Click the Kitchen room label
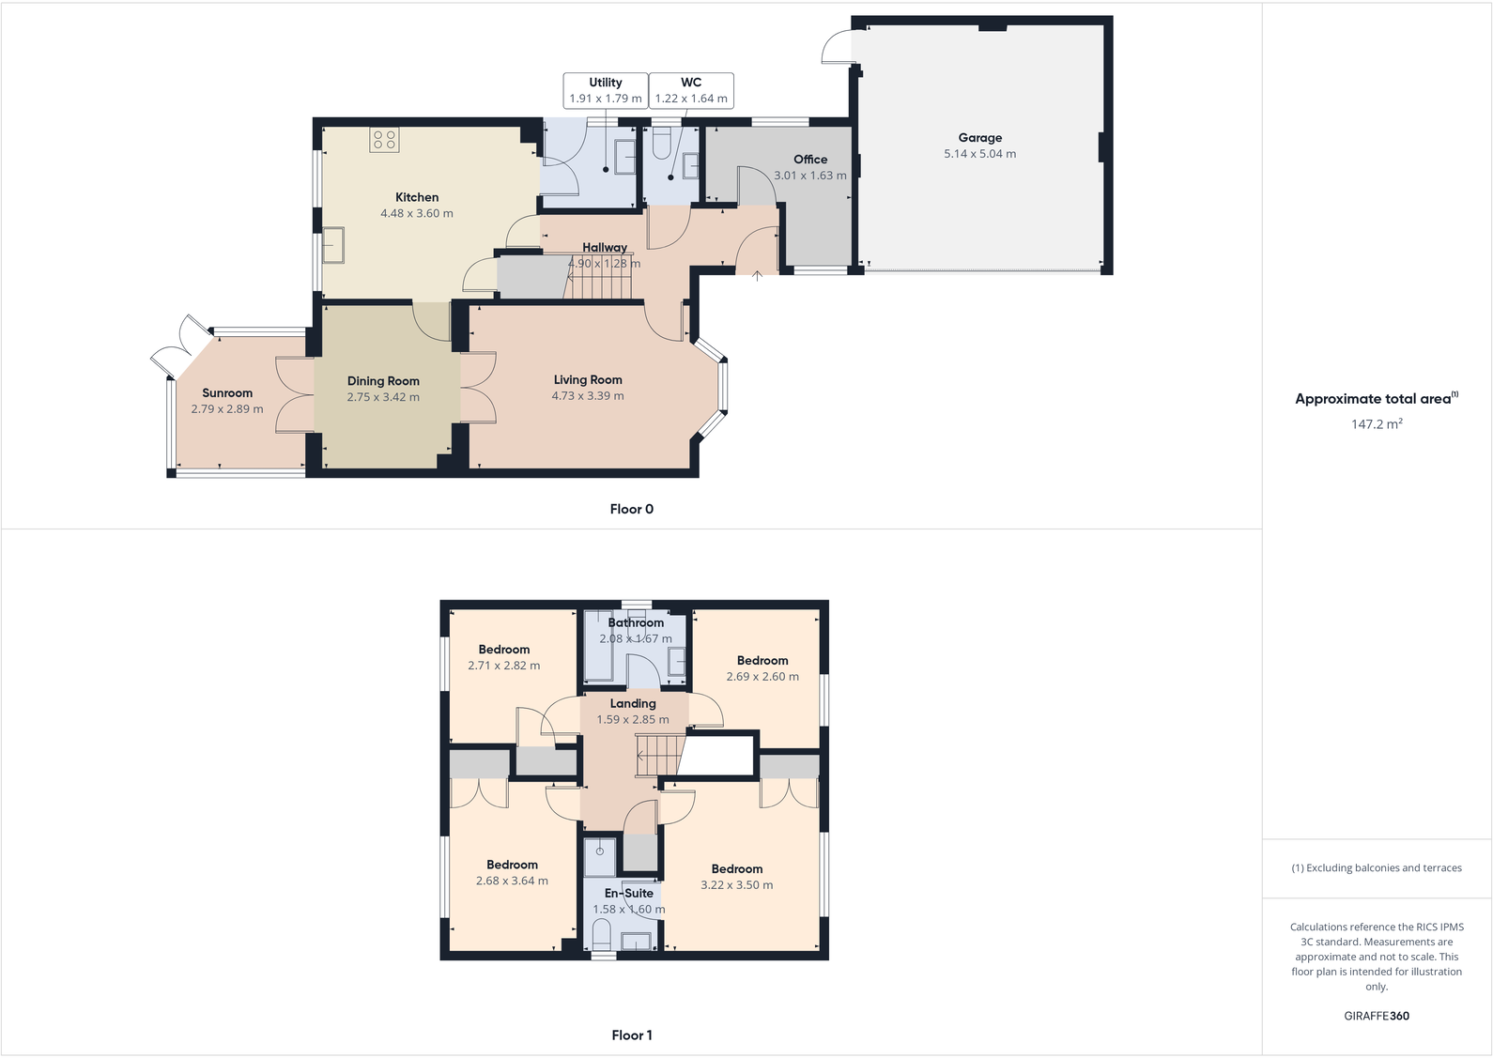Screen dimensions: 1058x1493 pos(416,197)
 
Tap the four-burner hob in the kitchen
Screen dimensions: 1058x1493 pos(384,141)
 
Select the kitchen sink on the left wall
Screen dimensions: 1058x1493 pos(333,246)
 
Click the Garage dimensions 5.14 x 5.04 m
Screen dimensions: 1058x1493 pos(979,154)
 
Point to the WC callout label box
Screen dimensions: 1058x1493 pos(691,90)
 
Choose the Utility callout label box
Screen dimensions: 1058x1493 pos(606,90)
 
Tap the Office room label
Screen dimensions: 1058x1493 pos(809,160)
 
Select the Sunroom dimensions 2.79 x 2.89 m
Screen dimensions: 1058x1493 pos(227,409)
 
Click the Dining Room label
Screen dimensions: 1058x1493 pos(383,381)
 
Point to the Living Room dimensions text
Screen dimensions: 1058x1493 pos(588,396)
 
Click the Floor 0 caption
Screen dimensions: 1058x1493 pos(631,509)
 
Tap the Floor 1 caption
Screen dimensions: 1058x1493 pos(631,1035)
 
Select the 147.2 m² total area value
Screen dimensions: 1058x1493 pos(1376,424)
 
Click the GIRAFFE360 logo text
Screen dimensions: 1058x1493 pos(1376,1016)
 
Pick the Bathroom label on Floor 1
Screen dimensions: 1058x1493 pos(636,622)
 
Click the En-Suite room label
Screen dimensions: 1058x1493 pos(628,893)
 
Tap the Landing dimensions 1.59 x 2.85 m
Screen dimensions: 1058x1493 pos(633,720)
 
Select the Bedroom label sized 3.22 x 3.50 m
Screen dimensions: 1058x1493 pos(736,869)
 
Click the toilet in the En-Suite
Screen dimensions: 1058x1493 pos(602,935)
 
